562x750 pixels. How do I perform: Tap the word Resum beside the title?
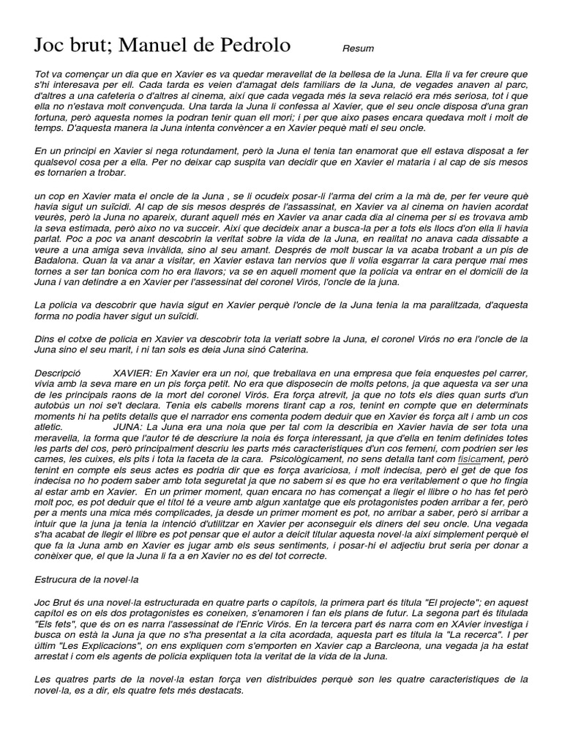click(x=358, y=49)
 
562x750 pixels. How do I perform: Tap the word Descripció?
click(x=58, y=374)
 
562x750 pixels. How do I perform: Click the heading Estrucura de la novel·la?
click(x=87, y=579)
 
